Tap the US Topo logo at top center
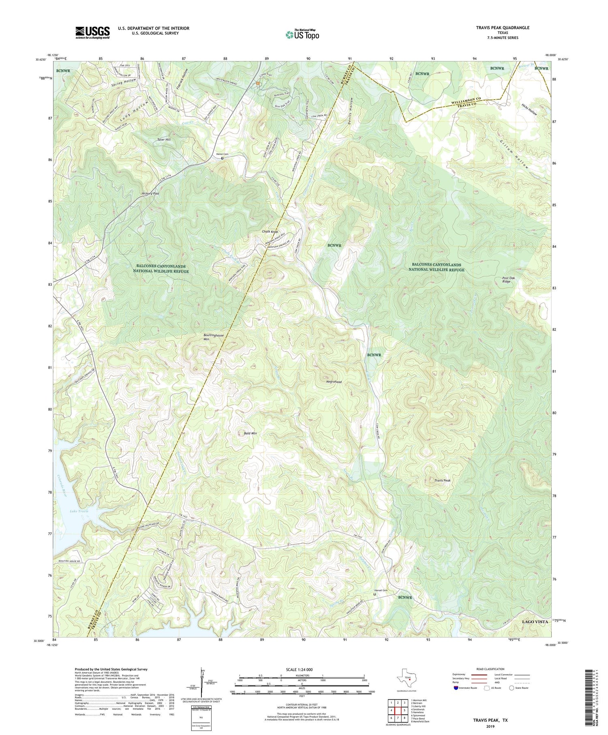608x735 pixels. pos(302,34)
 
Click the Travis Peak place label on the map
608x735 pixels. pos(442,480)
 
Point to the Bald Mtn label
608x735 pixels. pos(250,433)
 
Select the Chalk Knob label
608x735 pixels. pos(270,232)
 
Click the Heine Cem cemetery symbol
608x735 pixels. pos(222,159)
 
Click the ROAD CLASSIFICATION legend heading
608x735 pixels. pos(490,669)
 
